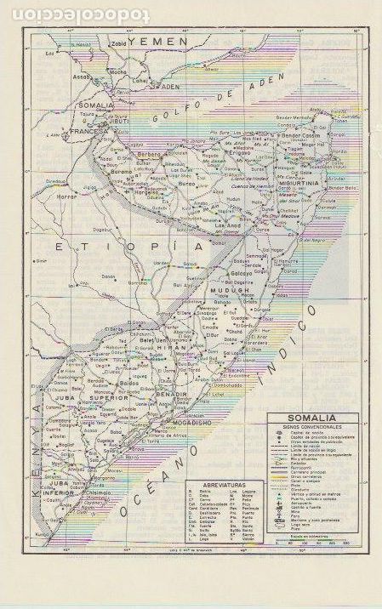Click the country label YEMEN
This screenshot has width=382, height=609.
(157, 42)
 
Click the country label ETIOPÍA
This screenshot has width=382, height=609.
(119, 245)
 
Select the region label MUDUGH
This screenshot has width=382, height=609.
(230, 290)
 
